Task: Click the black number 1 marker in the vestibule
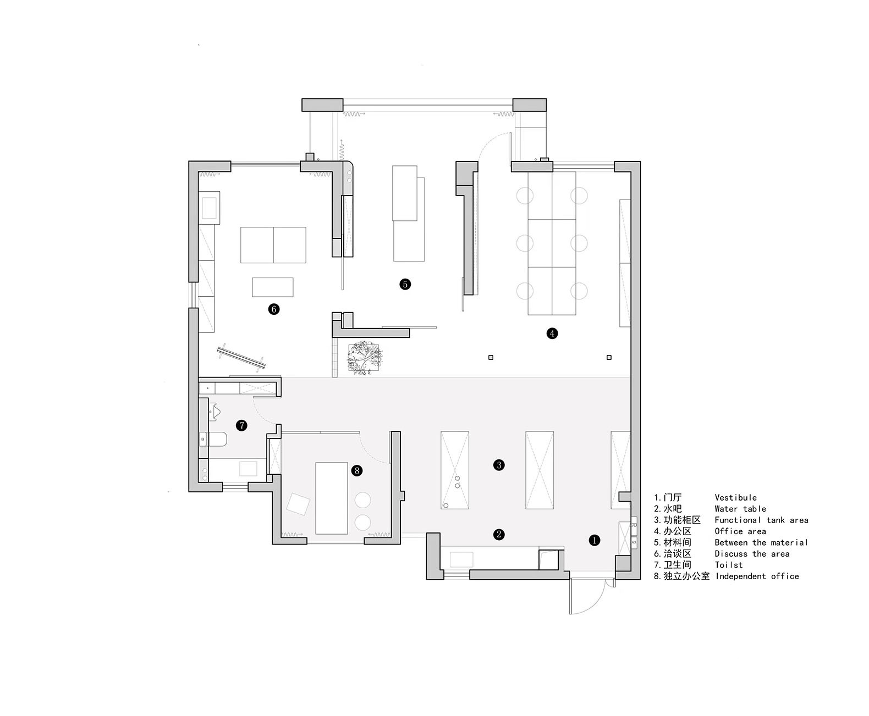[x=594, y=540]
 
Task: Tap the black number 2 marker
[x=499, y=534]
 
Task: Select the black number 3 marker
[x=499, y=465]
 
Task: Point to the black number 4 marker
[x=552, y=333]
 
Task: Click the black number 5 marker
[x=405, y=284]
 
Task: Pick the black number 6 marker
[x=273, y=309]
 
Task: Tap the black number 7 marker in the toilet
[x=241, y=425]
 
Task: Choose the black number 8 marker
[x=356, y=470]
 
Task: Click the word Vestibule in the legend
[x=735, y=497]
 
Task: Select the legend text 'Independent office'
[x=757, y=576]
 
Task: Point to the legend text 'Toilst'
[x=728, y=565]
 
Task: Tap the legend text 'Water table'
[x=740, y=508]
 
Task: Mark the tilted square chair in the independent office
[x=298, y=504]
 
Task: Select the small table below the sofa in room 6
[x=273, y=287]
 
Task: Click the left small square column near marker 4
[x=491, y=357]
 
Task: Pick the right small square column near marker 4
[x=609, y=357]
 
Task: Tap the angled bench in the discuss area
[x=241, y=357]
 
